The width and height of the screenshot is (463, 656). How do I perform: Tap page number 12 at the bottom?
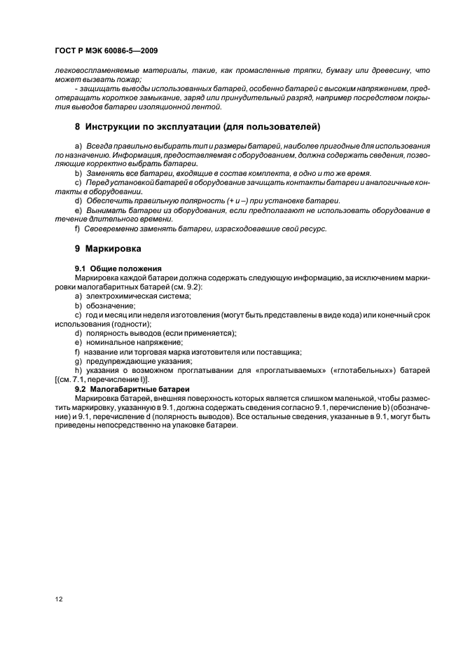tap(57, 600)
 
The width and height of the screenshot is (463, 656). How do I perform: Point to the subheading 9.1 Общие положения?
tap(118, 268)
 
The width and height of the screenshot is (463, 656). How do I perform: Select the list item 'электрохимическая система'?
tap(130, 296)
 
